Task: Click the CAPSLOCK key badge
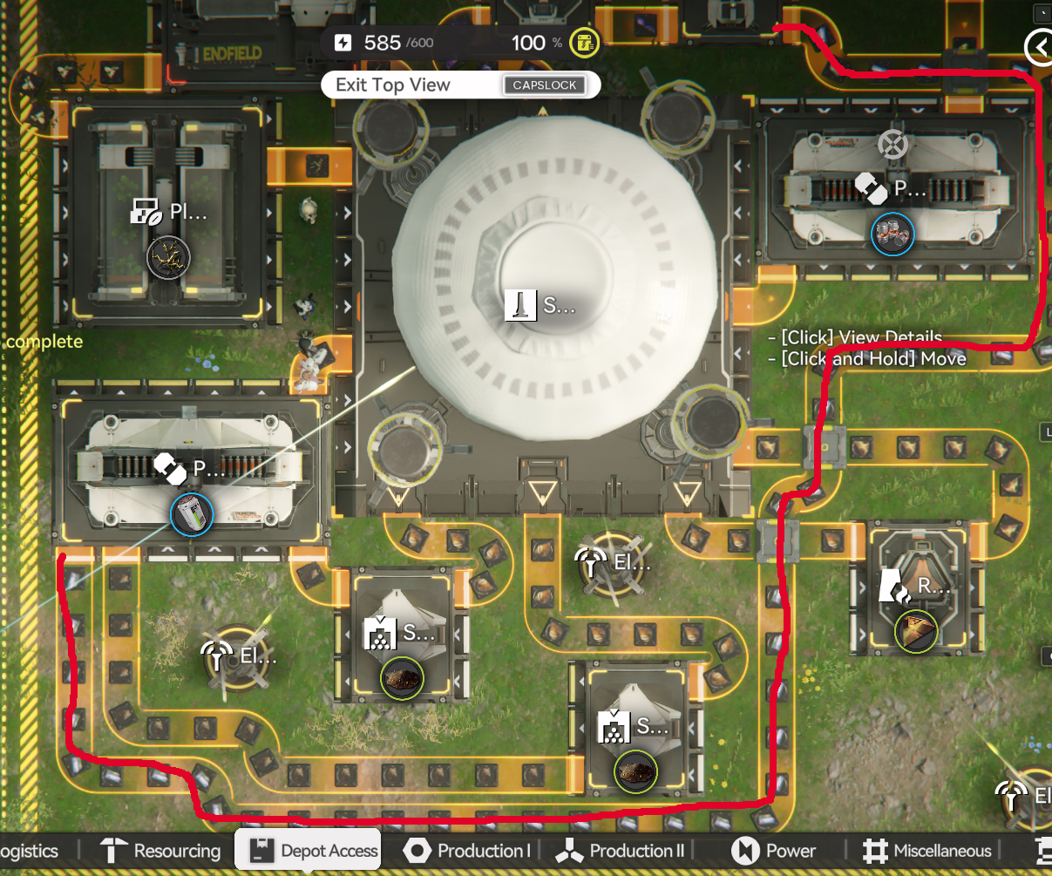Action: (x=545, y=85)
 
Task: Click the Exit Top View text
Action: (x=393, y=85)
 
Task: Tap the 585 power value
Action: (x=383, y=43)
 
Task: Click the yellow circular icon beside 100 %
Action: (x=585, y=42)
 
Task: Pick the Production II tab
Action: (x=624, y=851)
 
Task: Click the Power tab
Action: (x=775, y=851)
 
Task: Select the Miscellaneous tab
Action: (x=927, y=851)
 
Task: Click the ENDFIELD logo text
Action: (x=232, y=54)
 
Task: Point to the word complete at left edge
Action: (x=44, y=342)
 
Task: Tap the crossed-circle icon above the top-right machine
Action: (x=893, y=144)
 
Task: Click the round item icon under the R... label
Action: (x=916, y=631)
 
